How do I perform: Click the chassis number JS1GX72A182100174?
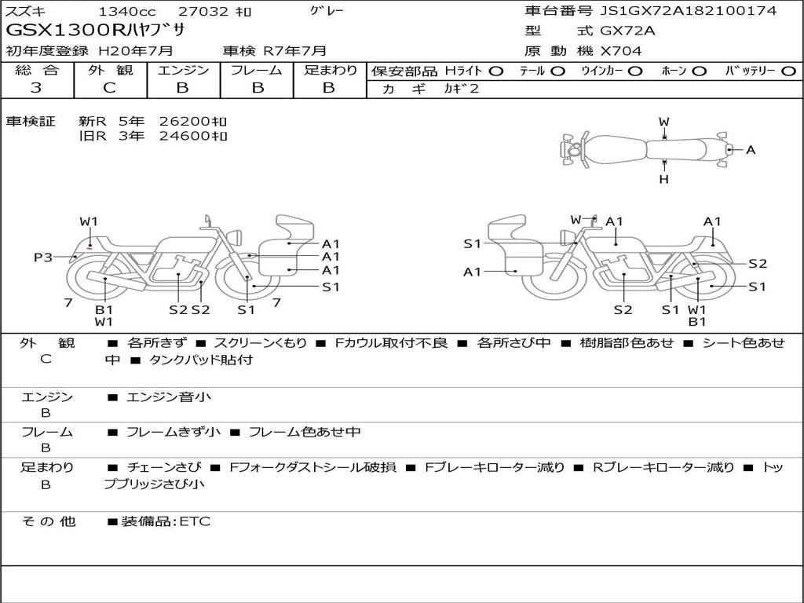pyautogui.click(x=688, y=11)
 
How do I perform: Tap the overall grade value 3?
pyautogui.click(x=36, y=87)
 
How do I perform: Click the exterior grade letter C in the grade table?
pyautogui.click(x=110, y=87)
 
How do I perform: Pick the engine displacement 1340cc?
pyautogui.click(x=127, y=11)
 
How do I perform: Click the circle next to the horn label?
pyautogui.click(x=700, y=71)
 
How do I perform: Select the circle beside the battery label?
pyautogui.click(x=788, y=71)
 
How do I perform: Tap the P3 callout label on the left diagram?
pyautogui.click(x=43, y=257)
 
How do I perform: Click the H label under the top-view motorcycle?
pyautogui.click(x=664, y=179)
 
